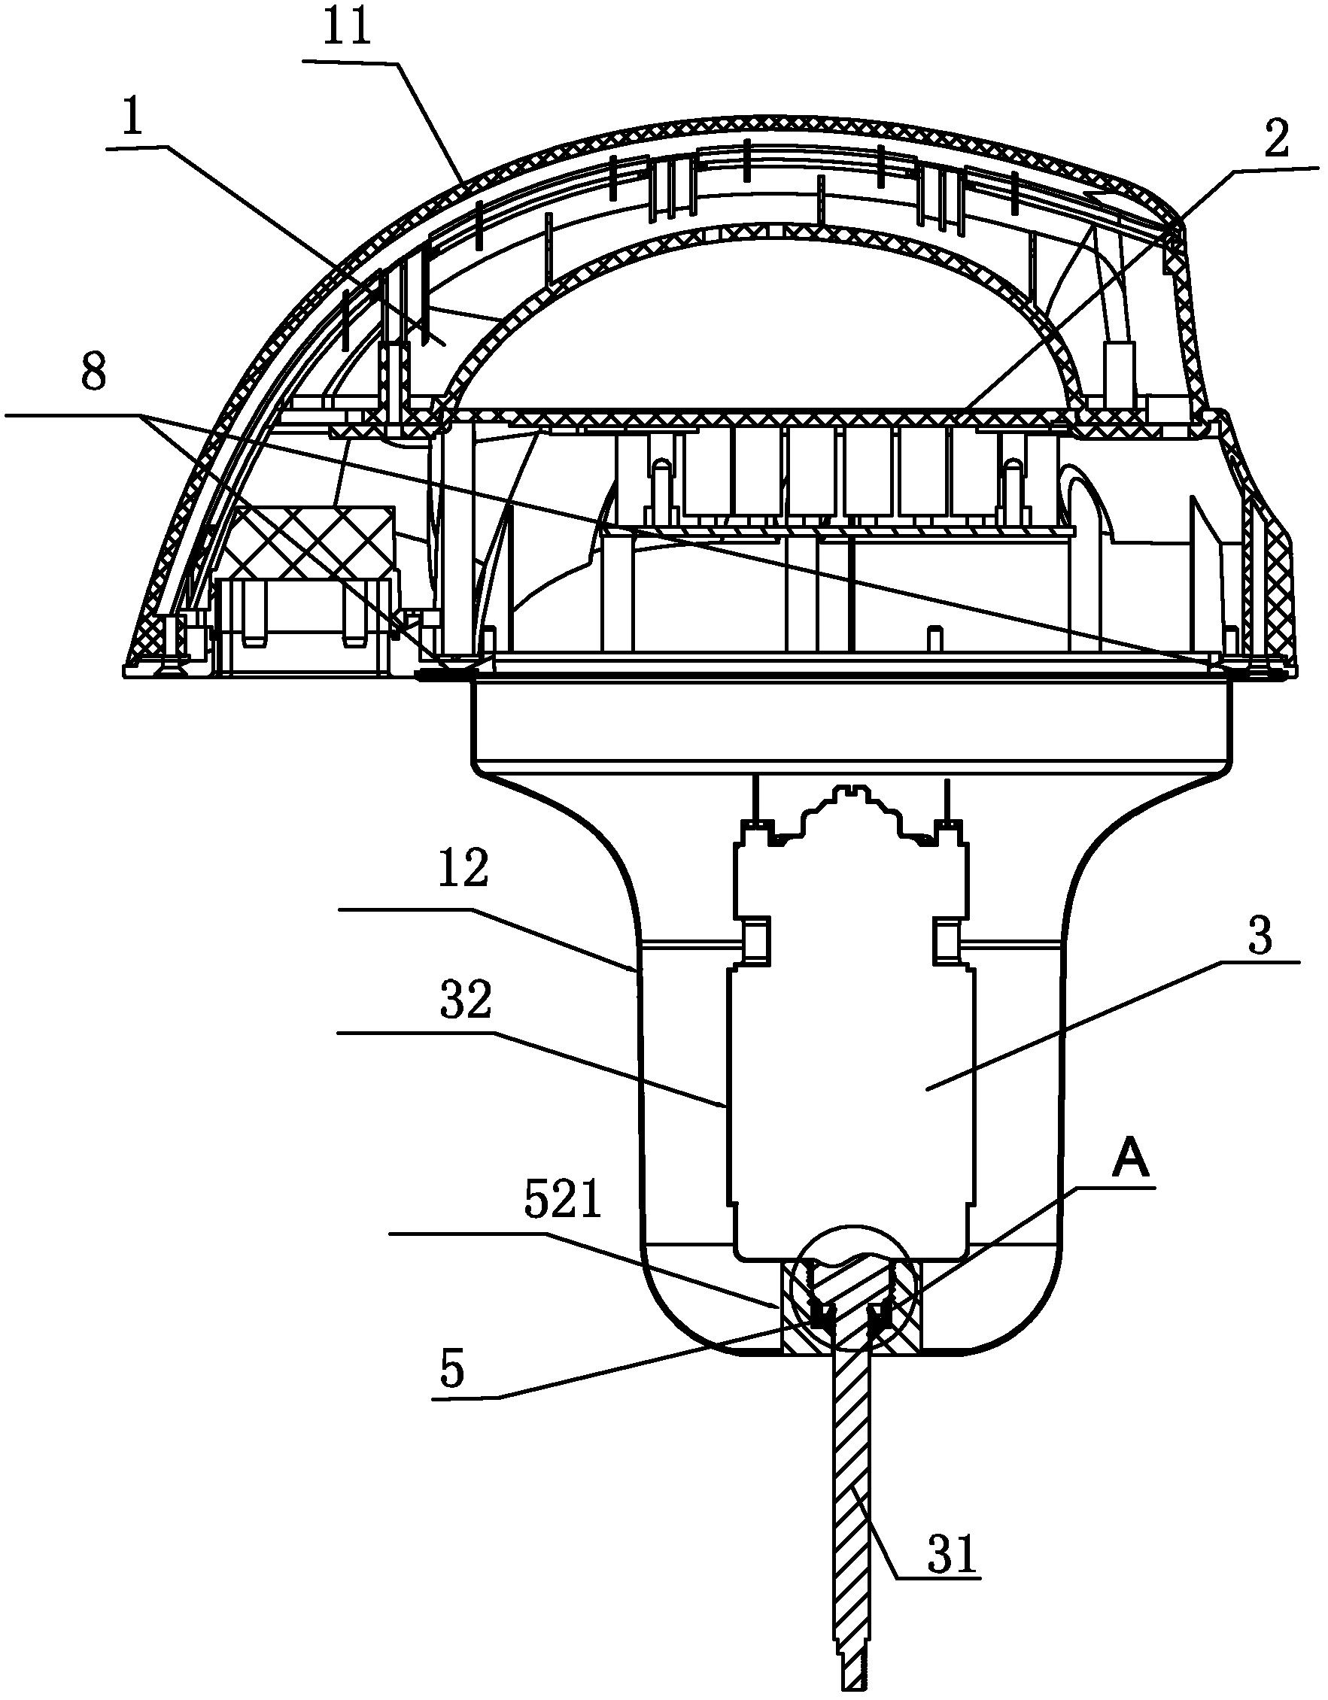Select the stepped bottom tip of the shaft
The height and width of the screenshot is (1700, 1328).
(x=854, y=1674)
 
